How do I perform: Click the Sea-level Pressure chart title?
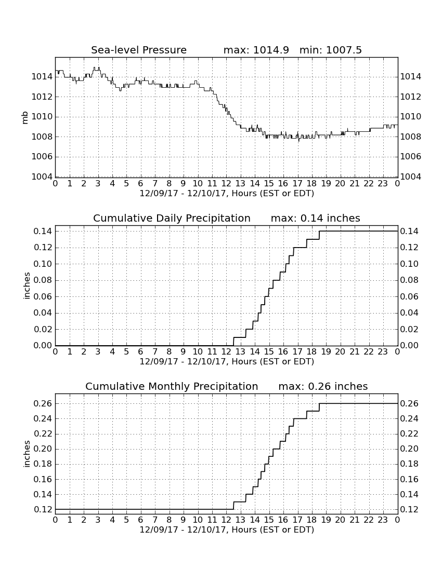click(139, 50)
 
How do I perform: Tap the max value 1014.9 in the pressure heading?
click(271, 50)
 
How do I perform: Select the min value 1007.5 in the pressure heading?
click(344, 50)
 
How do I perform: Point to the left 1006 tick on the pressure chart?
click(42, 157)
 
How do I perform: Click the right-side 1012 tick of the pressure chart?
click(411, 97)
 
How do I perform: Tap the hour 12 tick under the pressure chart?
click(226, 184)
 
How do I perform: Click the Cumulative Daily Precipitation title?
click(172, 218)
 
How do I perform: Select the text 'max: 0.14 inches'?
click(316, 218)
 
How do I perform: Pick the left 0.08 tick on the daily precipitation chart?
click(43, 280)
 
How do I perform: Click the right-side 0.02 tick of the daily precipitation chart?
click(409, 329)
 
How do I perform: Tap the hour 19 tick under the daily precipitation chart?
click(326, 352)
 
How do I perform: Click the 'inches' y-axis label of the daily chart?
click(26, 286)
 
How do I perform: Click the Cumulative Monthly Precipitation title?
click(172, 386)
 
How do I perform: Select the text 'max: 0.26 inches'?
click(323, 386)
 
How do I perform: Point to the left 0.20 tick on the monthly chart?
click(43, 448)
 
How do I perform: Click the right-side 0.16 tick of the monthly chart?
click(409, 479)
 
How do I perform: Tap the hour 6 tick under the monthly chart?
click(141, 520)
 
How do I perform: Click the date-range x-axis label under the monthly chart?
click(227, 529)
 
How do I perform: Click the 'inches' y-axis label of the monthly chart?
click(26, 454)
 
